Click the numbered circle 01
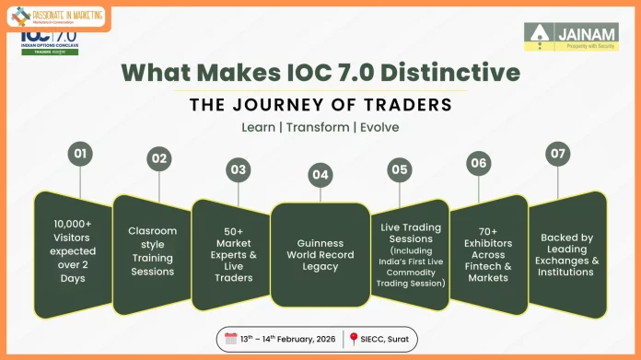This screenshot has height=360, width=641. tap(81, 153)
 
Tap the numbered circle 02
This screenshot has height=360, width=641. tap(159, 158)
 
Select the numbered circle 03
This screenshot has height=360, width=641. tap(239, 169)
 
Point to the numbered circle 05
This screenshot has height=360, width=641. tap(400, 169)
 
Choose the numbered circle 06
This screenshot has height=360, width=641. tap(478, 163)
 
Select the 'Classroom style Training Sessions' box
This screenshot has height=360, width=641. tap(152, 250)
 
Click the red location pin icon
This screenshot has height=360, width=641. tap(352, 339)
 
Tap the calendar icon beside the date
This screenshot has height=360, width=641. tap(231, 338)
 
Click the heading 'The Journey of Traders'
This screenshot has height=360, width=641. tap(320, 104)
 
